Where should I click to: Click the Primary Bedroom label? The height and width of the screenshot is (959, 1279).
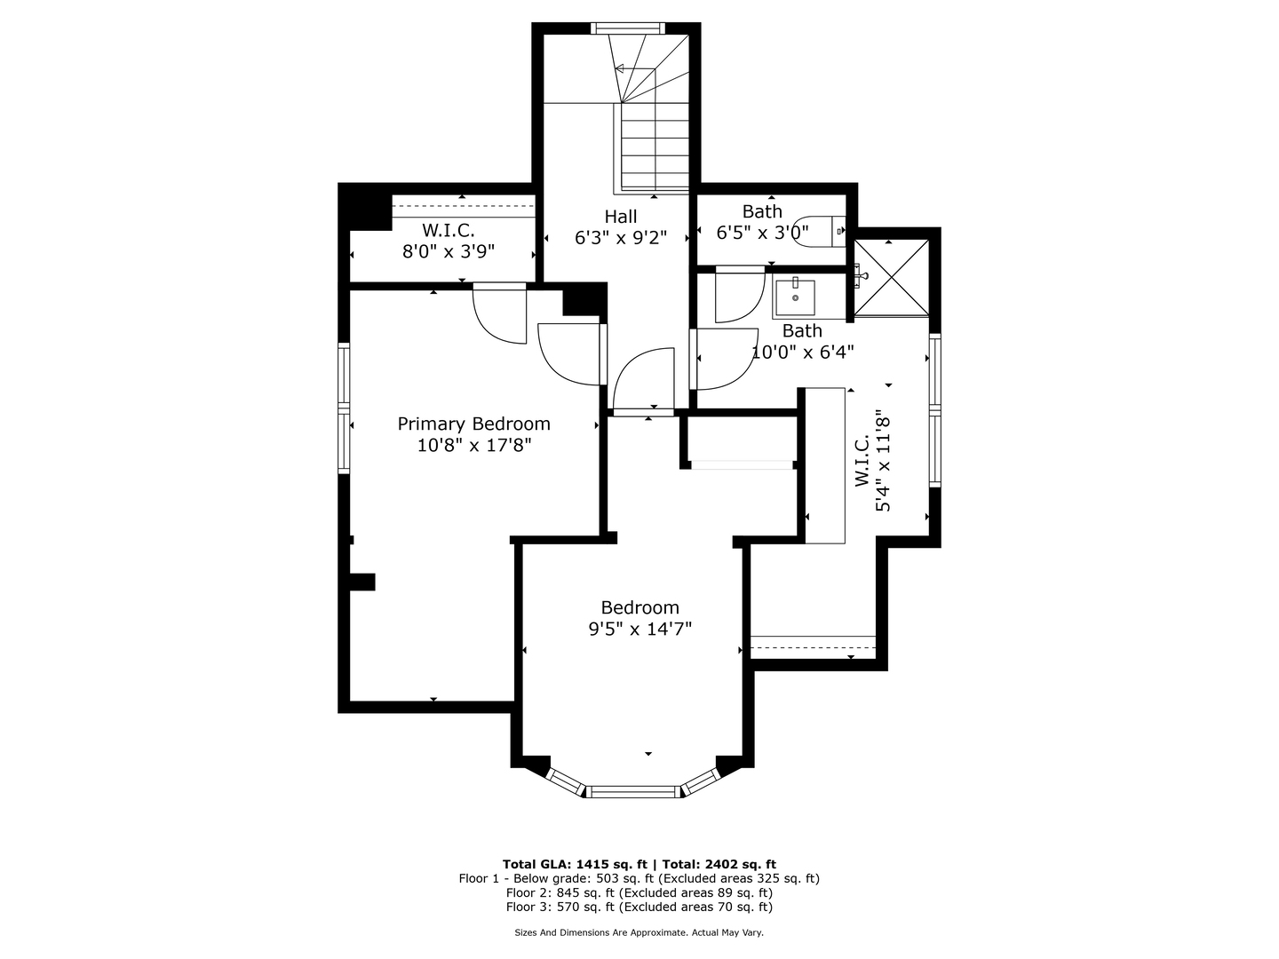tap(473, 424)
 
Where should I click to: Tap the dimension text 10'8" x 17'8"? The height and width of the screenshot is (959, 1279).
tap(473, 445)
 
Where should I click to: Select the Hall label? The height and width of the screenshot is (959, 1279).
tap(620, 216)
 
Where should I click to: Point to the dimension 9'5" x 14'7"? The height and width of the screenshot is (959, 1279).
tap(639, 630)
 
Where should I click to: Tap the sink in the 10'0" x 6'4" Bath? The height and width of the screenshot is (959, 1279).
tap(794, 298)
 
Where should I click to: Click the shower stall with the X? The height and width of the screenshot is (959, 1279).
tap(891, 277)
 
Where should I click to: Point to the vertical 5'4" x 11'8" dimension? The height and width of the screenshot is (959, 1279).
tap(882, 461)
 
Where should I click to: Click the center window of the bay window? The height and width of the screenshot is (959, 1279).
tap(633, 790)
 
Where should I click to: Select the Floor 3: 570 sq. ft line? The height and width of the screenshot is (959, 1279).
tap(639, 907)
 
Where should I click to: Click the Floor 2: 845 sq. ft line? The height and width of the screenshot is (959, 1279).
tap(639, 892)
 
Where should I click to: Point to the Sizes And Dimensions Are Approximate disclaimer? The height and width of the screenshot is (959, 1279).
tap(639, 932)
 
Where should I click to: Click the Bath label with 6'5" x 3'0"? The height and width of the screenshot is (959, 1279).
tap(762, 211)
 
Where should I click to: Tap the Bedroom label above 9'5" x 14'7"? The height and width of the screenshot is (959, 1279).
tap(639, 607)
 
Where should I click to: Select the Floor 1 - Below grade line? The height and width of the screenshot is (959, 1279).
tap(639, 878)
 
